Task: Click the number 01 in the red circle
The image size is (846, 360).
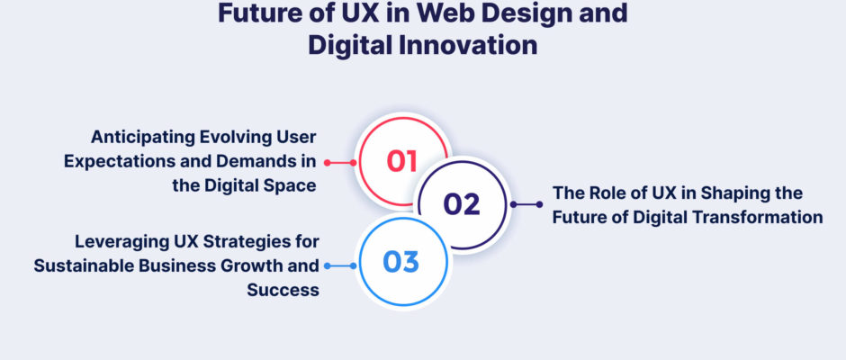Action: tap(402, 161)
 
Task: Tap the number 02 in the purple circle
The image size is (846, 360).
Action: tap(462, 204)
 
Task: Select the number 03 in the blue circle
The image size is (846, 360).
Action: tap(400, 262)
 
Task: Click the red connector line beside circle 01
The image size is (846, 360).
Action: tap(340, 163)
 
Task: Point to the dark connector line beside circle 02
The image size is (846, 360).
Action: tap(526, 204)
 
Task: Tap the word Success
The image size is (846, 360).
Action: tap(283, 290)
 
